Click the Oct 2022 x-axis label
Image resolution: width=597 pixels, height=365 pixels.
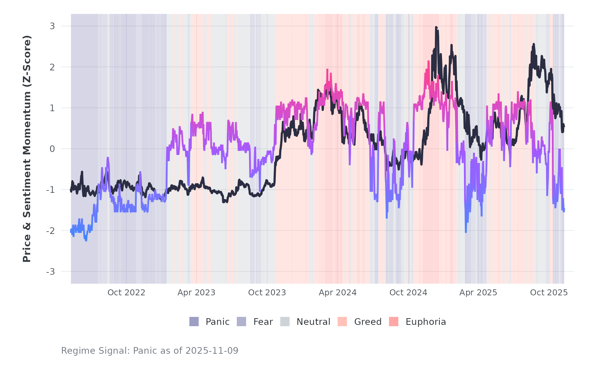pyautogui.click(x=126, y=293)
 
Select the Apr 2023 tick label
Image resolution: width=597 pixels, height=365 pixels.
pyautogui.click(x=196, y=293)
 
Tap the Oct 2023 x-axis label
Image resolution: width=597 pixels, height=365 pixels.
pyautogui.click(x=267, y=293)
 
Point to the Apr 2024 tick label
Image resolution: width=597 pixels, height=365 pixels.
pyautogui.click(x=338, y=293)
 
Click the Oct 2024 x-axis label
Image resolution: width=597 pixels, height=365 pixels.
pyautogui.click(x=408, y=293)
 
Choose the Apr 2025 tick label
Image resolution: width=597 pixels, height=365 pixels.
pyautogui.click(x=478, y=293)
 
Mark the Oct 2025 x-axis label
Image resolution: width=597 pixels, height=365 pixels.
pyautogui.click(x=549, y=293)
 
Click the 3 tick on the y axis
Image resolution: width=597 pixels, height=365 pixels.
pyautogui.click(x=52, y=26)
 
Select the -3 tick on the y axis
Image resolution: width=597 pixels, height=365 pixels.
pyautogui.click(x=50, y=272)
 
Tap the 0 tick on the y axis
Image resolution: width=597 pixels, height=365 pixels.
pyautogui.click(x=52, y=149)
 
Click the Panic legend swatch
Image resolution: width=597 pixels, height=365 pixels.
pyautogui.click(x=194, y=322)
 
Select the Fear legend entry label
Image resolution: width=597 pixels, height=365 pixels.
pyautogui.click(x=263, y=322)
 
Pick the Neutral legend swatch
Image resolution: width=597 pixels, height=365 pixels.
pyautogui.click(x=285, y=322)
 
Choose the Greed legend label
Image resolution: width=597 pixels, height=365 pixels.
pyautogui.click(x=368, y=322)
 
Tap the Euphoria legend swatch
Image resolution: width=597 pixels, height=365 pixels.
pyautogui.click(x=394, y=322)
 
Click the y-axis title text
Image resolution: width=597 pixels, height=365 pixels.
pyautogui.click(x=27, y=149)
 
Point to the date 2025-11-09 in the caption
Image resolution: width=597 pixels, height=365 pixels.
pyautogui.click(x=212, y=351)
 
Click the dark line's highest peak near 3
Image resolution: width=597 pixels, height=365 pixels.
pyautogui.click(x=436, y=28)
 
